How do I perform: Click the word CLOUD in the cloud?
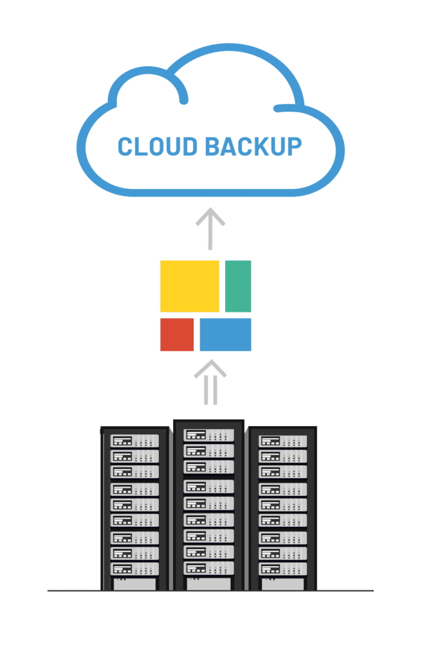158,147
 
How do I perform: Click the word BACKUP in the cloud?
253,147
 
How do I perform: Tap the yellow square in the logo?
190,286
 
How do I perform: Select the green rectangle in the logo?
238,286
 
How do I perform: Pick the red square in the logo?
177,334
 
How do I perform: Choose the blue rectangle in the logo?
225,334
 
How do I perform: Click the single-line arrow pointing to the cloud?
210,229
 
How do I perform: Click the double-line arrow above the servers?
210,382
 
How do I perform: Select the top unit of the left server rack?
134,441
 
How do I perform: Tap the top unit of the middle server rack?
209,435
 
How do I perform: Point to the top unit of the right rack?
283,441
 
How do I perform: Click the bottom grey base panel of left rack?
134,583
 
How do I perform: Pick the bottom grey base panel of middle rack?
209,583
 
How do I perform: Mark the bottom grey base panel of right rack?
283,583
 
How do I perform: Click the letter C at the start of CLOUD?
125,147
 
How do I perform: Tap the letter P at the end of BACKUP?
295,147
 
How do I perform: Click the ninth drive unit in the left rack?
134,569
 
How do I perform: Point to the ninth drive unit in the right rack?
283,569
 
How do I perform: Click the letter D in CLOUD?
190,147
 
